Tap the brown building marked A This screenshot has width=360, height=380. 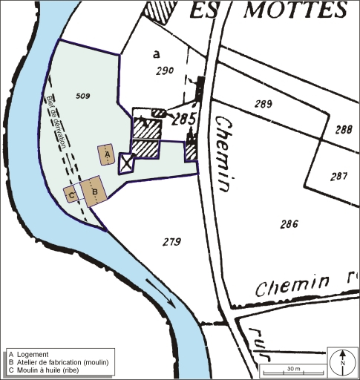tap(107, 154)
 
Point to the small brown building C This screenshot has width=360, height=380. tap(71, 194)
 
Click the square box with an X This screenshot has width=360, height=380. tap(126, 163)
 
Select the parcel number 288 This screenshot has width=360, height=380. tap(343, 129)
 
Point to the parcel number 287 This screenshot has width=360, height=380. tap(338, 176)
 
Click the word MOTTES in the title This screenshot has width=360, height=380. tap(297, 10)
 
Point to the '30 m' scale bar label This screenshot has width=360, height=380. tap(294, 368)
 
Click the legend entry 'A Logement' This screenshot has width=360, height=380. tap(27, 354)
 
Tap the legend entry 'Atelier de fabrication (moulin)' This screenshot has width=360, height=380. tap(64, 362)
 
